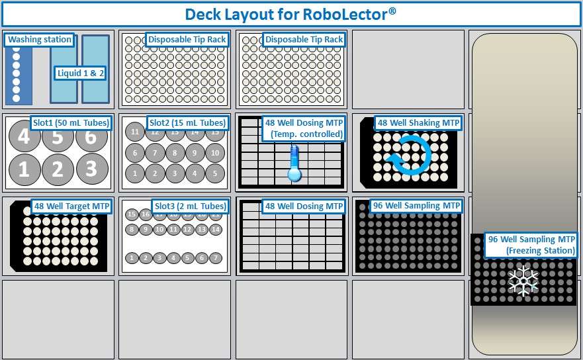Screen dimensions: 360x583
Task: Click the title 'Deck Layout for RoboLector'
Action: click(x=291, y=14)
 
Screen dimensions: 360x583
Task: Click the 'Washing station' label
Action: click(x=40, y=40)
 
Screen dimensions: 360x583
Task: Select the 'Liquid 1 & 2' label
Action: click(x=80, y=73)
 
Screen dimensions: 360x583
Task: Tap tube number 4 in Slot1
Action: click(x=24, y=138)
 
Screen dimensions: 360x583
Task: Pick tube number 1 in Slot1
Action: click(x=24, y=169)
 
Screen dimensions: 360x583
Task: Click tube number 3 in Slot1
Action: click(x=91, y=169)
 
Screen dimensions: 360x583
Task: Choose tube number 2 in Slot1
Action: click(x=58, y=169)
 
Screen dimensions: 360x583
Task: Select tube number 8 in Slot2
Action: click(x=175, y=154)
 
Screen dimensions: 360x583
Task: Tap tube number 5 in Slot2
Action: click(x=214, y=173)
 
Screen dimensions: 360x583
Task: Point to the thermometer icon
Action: click(x=294, y=164)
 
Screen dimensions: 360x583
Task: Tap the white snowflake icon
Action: click(x=523, y=281)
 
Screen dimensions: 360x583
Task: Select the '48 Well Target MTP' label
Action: click(x=71, y=206)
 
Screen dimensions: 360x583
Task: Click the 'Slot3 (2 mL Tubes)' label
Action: click(x=189, y=206)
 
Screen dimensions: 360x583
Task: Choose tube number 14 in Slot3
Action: click(x=214, y=230)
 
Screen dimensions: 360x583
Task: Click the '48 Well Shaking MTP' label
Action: click(x=418, y=123)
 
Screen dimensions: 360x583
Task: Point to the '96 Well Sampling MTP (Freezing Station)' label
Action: click(x=531, y=245)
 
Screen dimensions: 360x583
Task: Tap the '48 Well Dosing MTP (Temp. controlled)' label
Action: click(x=303, y=128)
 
